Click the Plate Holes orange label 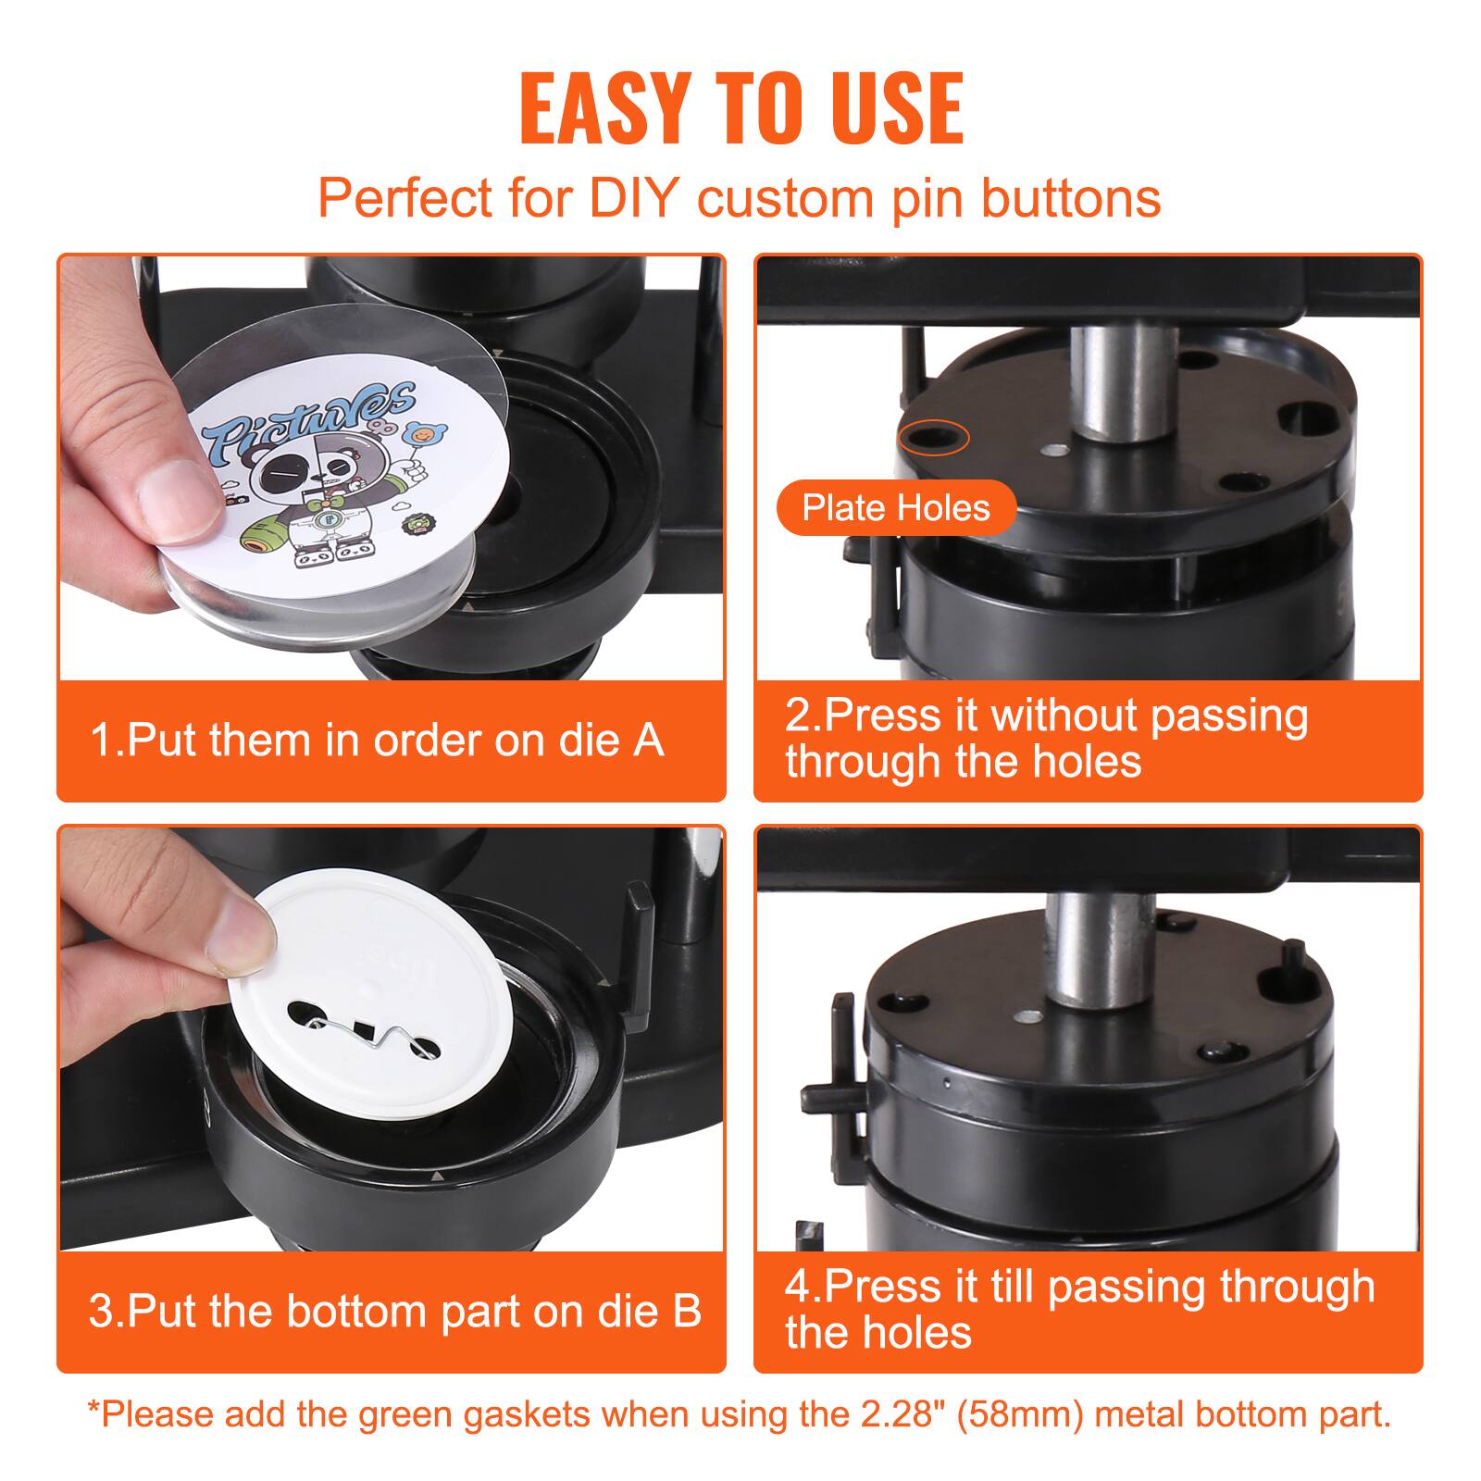click(895, 507)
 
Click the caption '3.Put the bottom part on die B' click(394, 1311)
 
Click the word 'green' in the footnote click(417, 1413)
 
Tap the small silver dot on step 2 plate click(1052, 452)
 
